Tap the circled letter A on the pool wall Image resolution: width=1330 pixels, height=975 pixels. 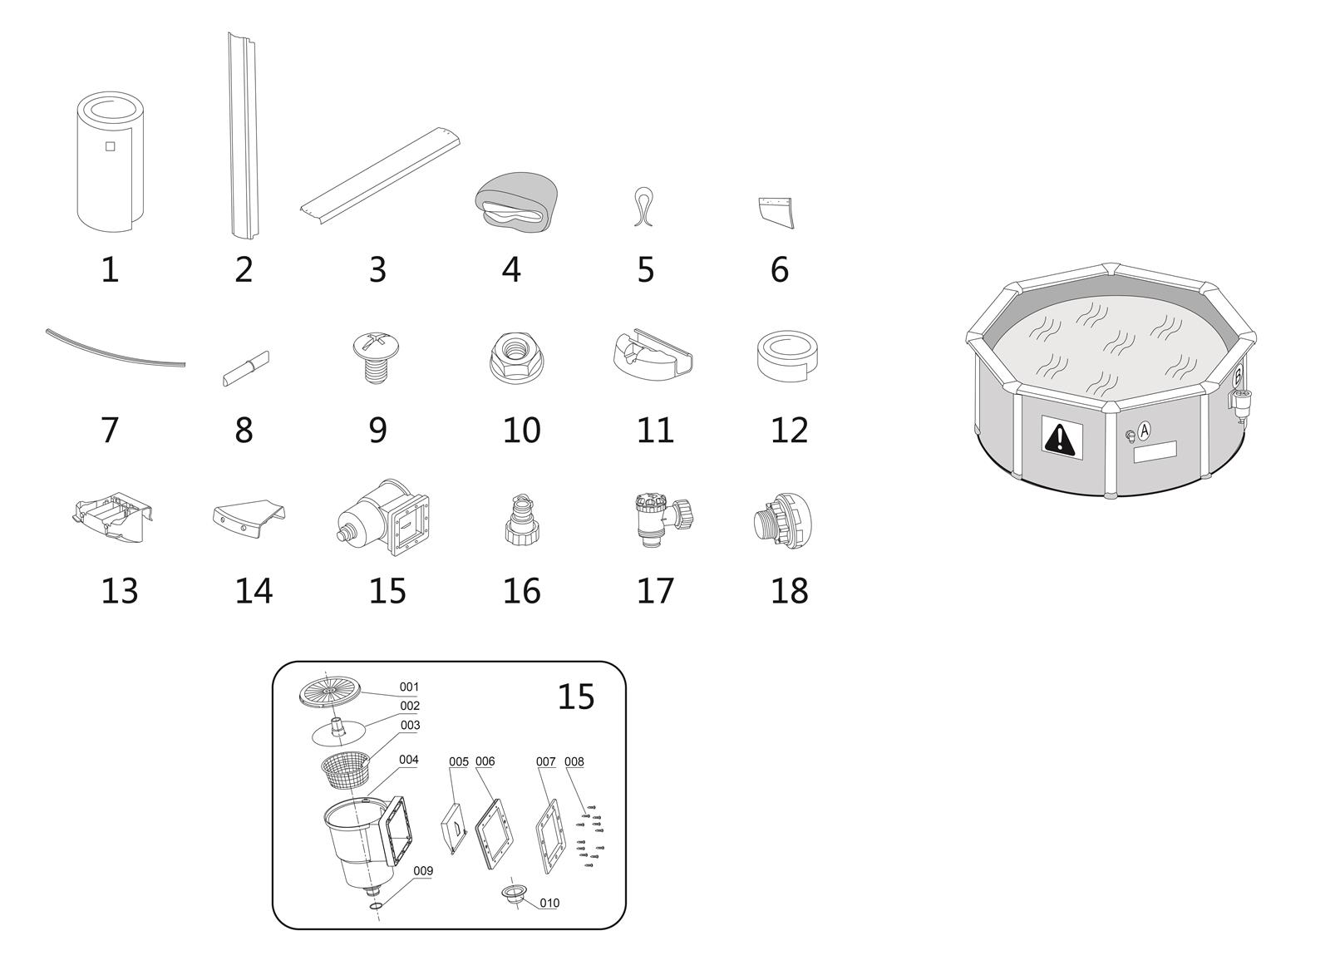[x=1144, y=429]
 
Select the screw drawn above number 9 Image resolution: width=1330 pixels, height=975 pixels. [x=375, y=357]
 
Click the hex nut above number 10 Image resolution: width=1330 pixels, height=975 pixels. [x=516, y=357]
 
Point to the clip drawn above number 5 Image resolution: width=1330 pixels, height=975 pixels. [x=643, y=207]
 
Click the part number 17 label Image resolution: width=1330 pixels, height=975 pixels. [x=655, y=591]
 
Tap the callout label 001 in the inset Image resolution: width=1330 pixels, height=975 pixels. [x=409, y=687]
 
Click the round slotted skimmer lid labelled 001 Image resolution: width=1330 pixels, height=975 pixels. [x=329, y=692]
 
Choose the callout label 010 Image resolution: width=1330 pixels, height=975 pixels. [x=549, y=903]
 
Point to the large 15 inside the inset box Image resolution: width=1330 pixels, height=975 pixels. [x=575, y=697]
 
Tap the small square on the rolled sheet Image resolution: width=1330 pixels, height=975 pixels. [x=110, y=146]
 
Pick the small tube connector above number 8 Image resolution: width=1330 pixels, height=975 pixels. [x=246, y=369]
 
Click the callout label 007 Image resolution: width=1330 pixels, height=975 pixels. [x=545, y=761]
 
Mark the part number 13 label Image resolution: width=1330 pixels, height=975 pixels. [x=120, y=591]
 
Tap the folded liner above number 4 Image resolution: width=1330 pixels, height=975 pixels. [x=516, y=202]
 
